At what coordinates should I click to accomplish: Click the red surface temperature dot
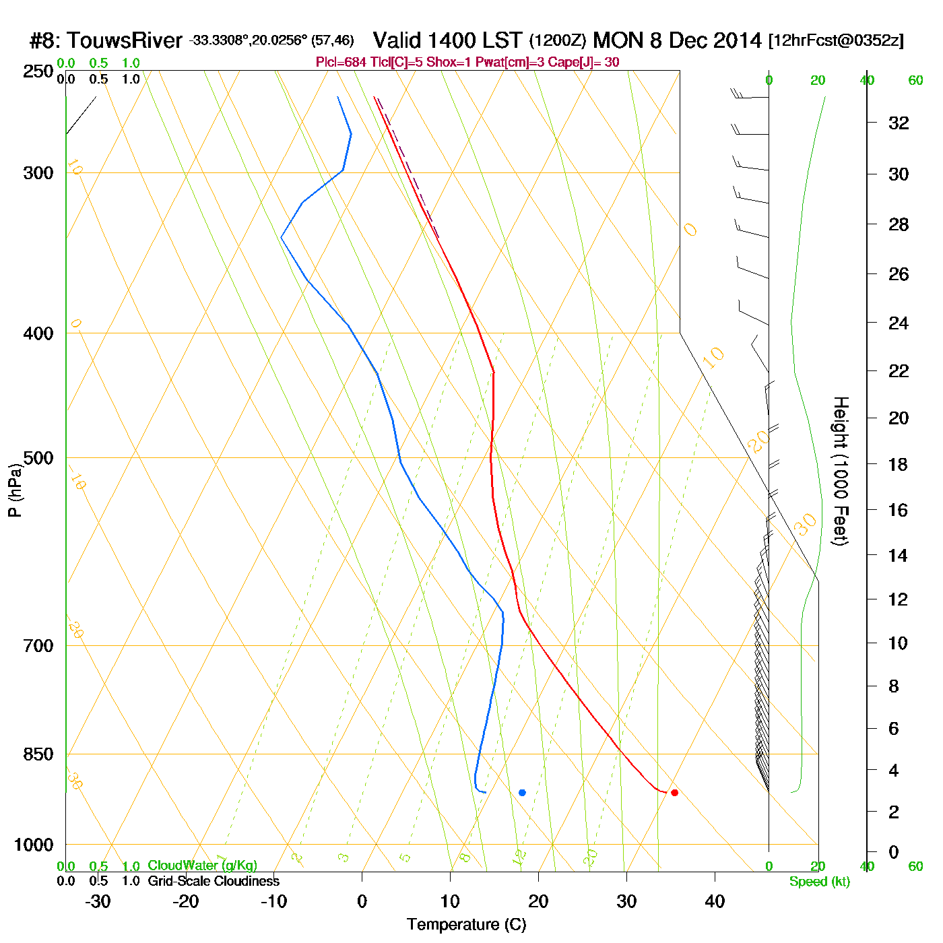pos(674,793)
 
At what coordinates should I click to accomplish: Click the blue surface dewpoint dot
pos(522,793)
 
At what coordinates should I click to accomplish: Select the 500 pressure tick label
pos(38,458)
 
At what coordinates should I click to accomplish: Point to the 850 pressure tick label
pos(38,754)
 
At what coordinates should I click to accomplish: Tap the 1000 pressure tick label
pos(34,845)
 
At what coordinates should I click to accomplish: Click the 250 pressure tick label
pos(38,71)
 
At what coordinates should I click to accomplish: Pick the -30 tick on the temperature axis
pos(98,901)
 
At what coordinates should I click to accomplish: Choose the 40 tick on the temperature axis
pos(715,901)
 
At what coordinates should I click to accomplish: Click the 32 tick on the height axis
pos(899,123)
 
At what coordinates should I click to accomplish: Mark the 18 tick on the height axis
pos(899,464)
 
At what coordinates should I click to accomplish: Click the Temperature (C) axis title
pos(466,925)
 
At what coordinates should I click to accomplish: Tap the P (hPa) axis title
pos(15,490)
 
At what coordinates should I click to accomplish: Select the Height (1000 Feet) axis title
pos(841,471)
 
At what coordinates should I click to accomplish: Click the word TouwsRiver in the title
pos(125,40)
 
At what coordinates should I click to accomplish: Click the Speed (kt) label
pos(819,882)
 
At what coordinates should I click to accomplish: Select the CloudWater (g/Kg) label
pos(202,866)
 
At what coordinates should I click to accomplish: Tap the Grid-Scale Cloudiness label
pos(214,881)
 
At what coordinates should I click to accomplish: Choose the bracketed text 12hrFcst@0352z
pos(836,40)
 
